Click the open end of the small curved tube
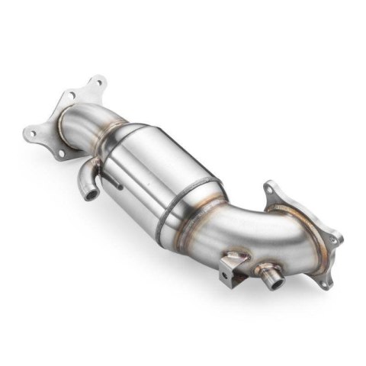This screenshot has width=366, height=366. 91,197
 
